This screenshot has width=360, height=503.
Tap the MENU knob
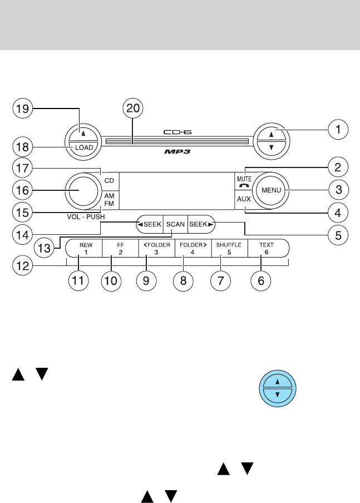tap(271, 190)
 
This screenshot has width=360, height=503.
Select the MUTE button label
tap(244, 179)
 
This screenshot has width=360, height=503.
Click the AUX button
tap(244, 199)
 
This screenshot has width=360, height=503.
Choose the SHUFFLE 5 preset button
tap(229, 248)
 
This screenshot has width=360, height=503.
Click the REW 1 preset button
tap(85, 248)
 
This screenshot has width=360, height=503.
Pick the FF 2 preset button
tap(120, 248)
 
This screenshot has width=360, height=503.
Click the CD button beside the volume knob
tap(110, 181)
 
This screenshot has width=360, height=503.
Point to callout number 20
tap(133, 109)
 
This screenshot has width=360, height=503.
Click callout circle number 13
tap(45, 248)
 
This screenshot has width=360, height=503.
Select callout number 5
tap(338, 235)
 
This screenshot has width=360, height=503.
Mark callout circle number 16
tap(22, 190)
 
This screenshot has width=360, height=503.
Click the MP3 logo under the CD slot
tap(177, 151)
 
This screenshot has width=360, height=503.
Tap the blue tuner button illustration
tap(278, 388)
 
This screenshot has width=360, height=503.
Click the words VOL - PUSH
tap(86, 217)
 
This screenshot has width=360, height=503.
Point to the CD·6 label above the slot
tap(177, 132)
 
